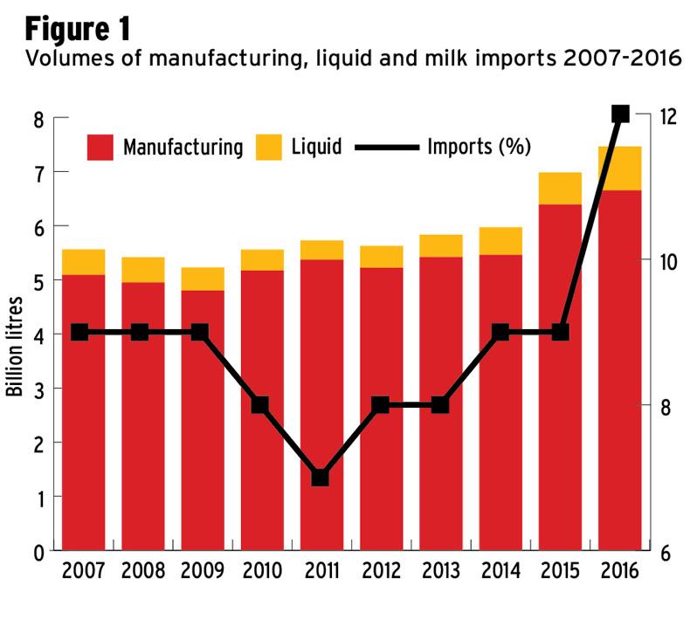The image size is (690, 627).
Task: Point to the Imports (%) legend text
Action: tap(479, 146)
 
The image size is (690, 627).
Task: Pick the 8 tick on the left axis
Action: tap(38, 118)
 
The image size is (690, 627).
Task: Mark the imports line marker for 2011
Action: tap(321, 478)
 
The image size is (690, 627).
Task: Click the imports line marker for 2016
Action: tap(620, 114)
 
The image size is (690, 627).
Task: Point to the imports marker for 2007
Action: tap(79, 333)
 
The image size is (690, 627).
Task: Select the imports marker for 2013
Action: tap(440, 405)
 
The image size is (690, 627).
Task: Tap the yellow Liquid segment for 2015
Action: tap(560, 189)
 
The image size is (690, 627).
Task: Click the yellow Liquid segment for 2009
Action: tap(202, 279)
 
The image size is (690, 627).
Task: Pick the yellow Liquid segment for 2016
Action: tap(620, 168)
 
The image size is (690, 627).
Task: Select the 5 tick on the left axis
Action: tap(38, 280)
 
